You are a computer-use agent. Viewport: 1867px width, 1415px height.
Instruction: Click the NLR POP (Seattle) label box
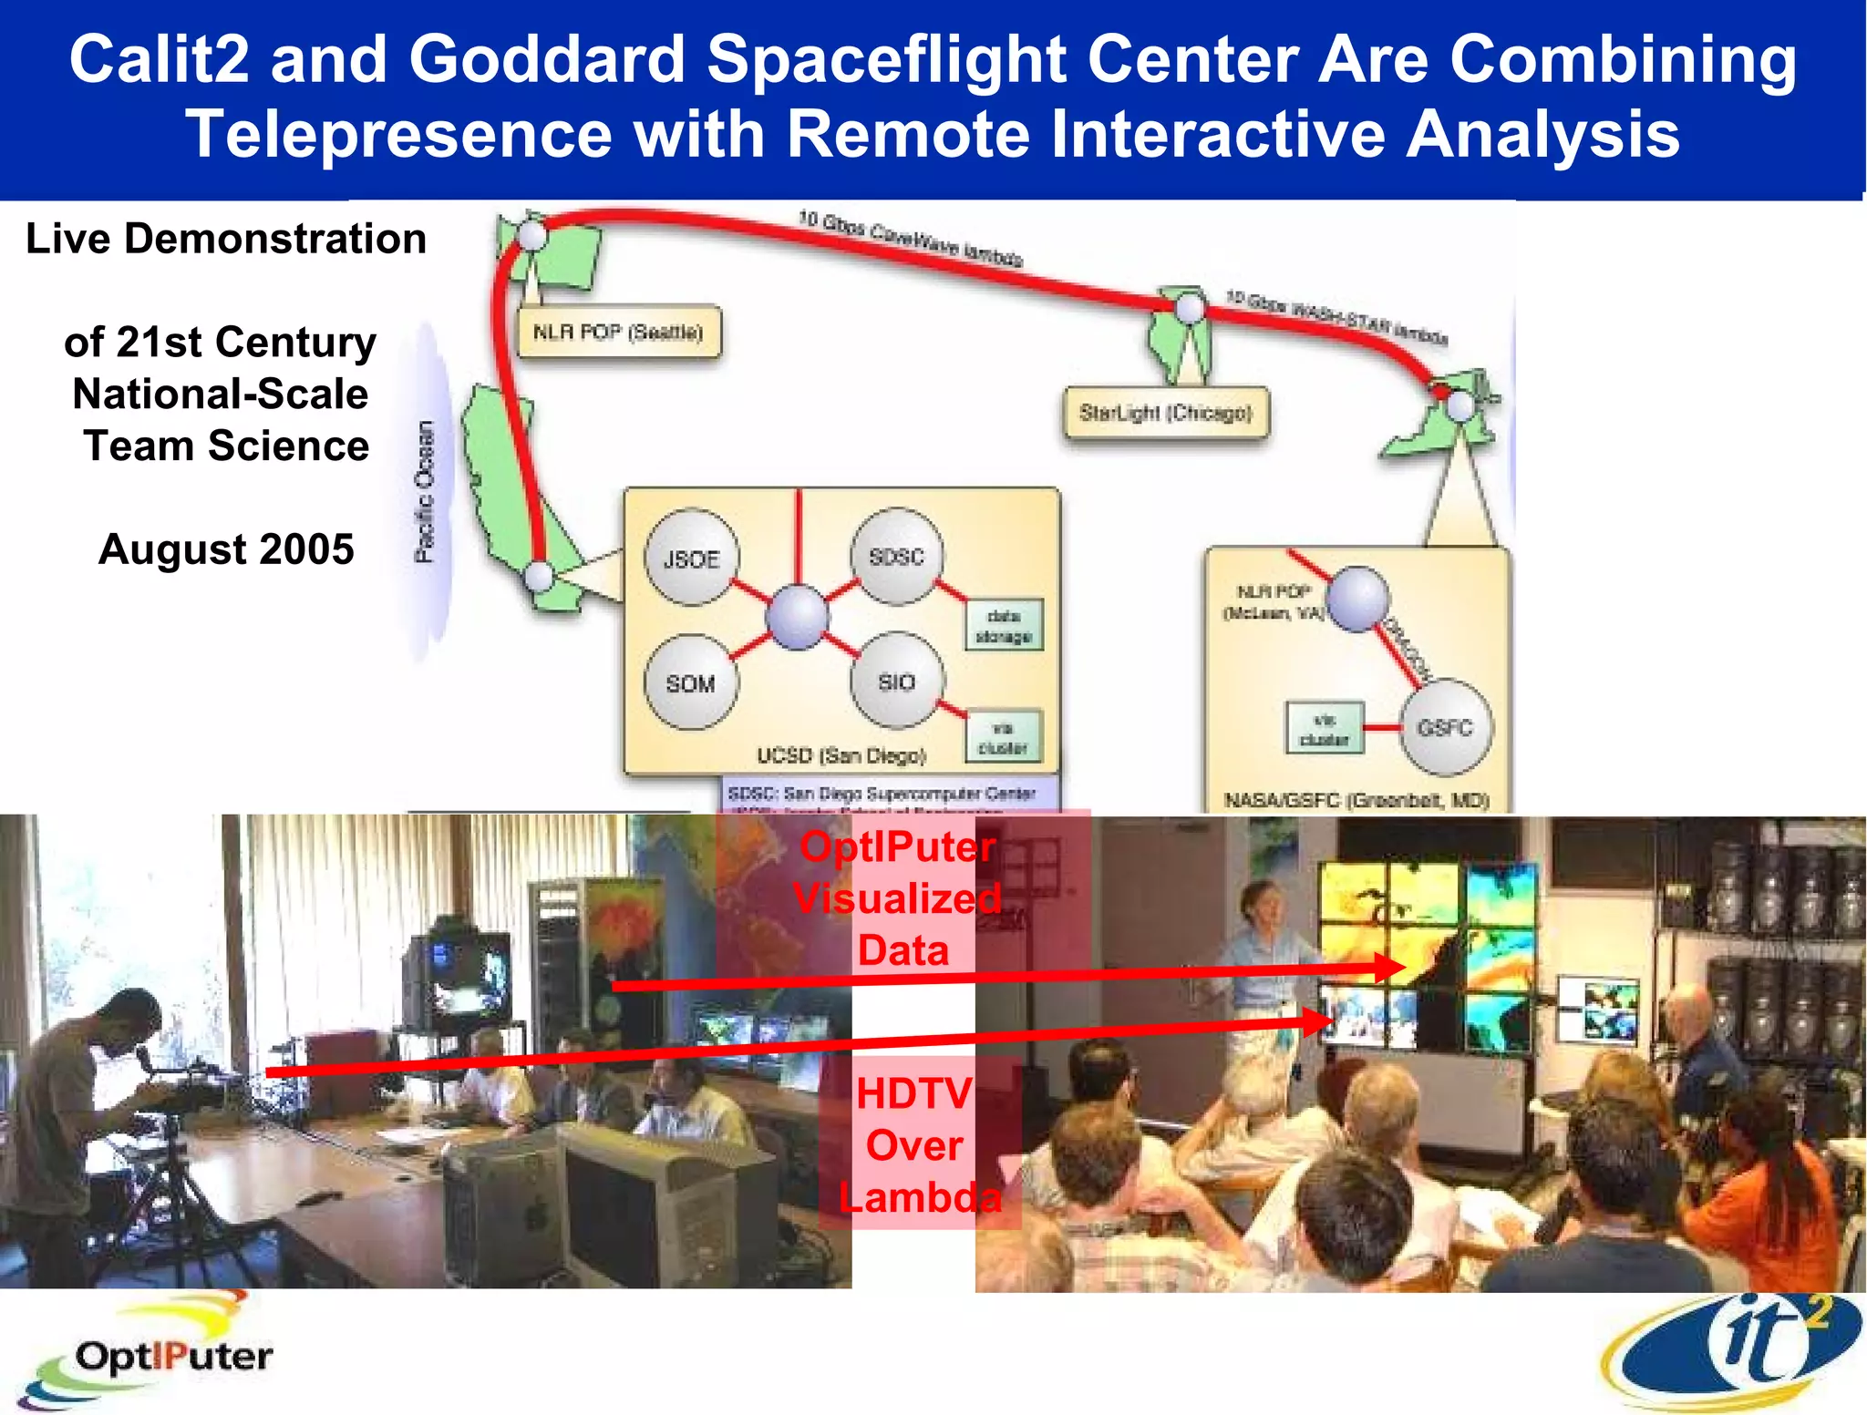(618, 333)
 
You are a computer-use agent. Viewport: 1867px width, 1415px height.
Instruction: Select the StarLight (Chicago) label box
(1165, 414)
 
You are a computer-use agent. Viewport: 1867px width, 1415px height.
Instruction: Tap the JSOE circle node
(691, 559)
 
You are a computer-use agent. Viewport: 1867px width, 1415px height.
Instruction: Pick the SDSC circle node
(896, 556)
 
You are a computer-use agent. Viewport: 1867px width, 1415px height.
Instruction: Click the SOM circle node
(690, 682)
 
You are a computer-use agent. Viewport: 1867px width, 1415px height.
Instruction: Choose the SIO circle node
(896, 682)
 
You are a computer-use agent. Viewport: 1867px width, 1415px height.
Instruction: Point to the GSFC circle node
(1445, 727)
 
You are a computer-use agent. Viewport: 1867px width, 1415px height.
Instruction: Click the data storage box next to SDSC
(1004, 626)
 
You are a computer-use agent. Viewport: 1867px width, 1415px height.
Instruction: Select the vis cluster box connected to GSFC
(1325, 728)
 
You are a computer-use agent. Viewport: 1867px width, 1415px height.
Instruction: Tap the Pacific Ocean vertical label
(425, 492)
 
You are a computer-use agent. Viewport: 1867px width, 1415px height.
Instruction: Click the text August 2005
(226, 549)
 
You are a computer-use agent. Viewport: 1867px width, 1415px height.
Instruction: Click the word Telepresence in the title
(397, 134)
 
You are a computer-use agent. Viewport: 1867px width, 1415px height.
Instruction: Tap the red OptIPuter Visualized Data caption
(899, 898)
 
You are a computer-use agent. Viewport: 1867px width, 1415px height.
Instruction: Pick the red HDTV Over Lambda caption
(917, 1145)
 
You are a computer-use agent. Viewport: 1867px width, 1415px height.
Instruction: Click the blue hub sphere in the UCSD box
(798, 618)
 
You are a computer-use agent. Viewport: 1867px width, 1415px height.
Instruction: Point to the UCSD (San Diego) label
(841, 755)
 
